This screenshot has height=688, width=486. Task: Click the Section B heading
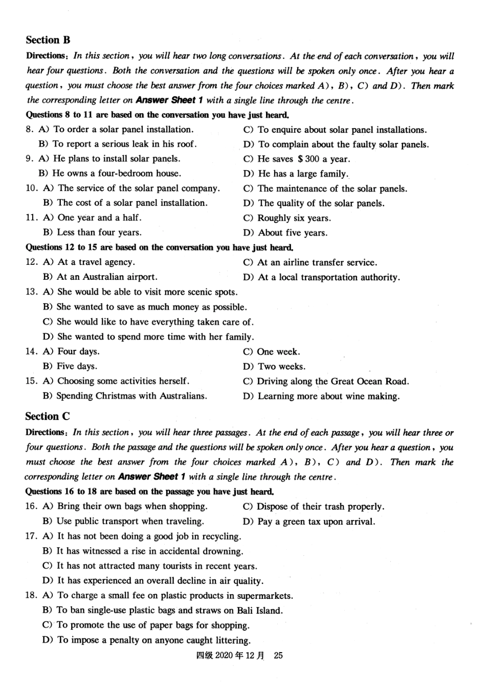(48, 40)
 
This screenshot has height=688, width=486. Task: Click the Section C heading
(48, 416)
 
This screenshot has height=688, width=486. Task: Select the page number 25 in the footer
(278, 655)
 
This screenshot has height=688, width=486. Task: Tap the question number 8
(29, 130)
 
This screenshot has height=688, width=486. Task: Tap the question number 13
(31, 292)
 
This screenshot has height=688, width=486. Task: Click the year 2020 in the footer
(224, 655)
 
